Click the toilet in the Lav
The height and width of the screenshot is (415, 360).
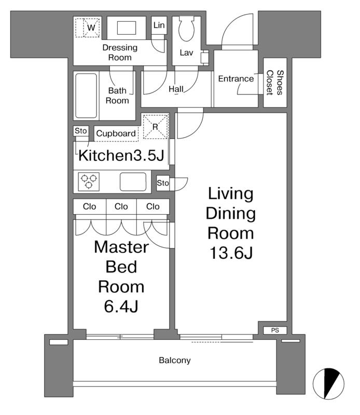pos(186,28)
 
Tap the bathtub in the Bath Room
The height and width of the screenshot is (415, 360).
pos(86,95)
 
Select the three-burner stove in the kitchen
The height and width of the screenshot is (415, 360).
pos(89,182)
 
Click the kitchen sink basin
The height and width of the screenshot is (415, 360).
pos(133,182)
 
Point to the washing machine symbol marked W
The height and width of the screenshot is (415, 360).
pos(88,27)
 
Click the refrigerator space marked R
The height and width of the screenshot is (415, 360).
pos(156,127)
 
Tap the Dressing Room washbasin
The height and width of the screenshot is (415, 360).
pos(127,28)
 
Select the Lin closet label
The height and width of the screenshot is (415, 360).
pos(159,25)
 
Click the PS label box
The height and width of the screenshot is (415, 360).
pos(275,330)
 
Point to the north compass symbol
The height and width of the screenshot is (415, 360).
pos(328,383)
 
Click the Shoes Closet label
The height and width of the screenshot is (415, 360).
pos(275,82)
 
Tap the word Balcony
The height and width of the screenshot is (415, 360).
pos(175,360)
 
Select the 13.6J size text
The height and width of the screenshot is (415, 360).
pos(231,253)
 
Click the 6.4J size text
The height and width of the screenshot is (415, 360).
pos(121,307)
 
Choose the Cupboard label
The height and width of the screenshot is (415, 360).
pos(116,133)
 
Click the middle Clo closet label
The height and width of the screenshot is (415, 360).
pos(121,206)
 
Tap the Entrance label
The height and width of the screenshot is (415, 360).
pos(236,79)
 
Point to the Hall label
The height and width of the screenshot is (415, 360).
pos(176,89)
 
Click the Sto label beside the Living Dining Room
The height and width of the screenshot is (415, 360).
pos(163,183)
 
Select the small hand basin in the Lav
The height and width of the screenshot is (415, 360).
pos(204,57)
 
